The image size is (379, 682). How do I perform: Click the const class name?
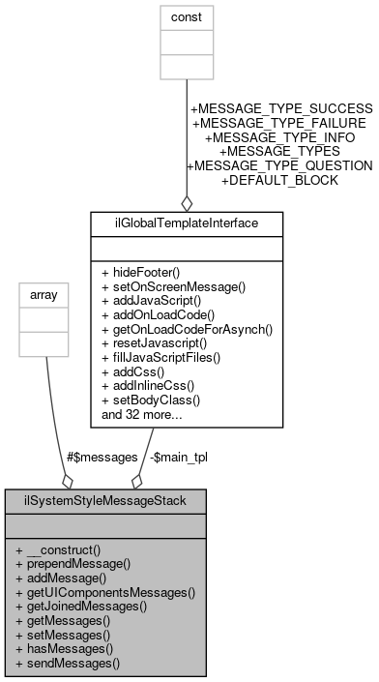coord(187,16)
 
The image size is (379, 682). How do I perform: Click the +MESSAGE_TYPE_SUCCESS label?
coord(280,108)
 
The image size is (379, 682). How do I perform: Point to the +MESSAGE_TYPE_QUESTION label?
coord(278,165)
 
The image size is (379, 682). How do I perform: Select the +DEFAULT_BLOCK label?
coord(279,180)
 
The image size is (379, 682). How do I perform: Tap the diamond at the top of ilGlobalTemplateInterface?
coord(187,202)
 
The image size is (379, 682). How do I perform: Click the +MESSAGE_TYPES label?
coord(279,151)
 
